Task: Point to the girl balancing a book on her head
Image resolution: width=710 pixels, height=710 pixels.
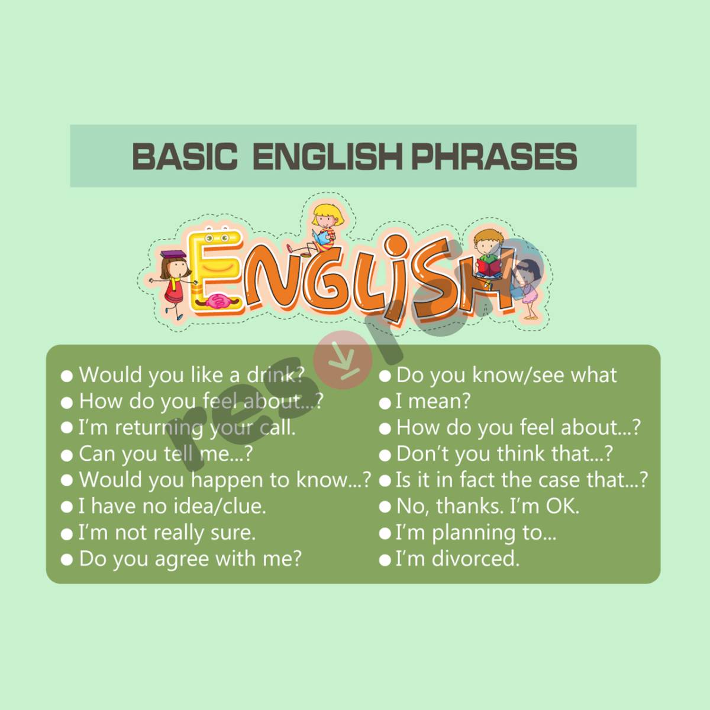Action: tap(173, 278)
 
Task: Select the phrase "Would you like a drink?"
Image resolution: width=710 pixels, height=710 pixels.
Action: tap(191, 375)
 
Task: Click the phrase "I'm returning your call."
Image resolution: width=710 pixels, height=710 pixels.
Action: tap(187, 427)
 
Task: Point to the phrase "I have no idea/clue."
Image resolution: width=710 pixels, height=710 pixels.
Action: tap(172, 506)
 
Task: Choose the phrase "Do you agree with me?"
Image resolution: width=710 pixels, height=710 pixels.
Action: tap(190, 559)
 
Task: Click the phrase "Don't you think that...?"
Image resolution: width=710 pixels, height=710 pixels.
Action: tap(505, 454)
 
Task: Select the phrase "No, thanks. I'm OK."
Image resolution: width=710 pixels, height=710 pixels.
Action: tap(488, 506)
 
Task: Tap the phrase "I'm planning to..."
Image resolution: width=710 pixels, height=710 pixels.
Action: tap(476, 533)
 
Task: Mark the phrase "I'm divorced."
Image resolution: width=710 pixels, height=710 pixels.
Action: tap(457, 559)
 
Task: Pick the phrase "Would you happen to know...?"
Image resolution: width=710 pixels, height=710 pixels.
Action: tap(225, 480)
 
